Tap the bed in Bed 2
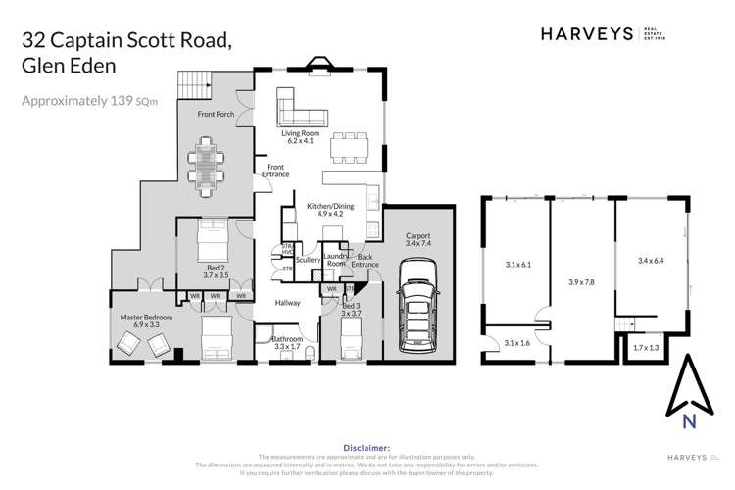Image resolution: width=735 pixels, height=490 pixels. coord(212,238)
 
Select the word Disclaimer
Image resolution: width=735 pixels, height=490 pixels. coord(367,446)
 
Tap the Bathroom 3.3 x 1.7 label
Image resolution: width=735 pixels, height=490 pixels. coord(287,343)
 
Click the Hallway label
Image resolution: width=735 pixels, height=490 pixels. coord(287,303)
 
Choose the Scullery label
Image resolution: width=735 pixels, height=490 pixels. coord(309,260)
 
